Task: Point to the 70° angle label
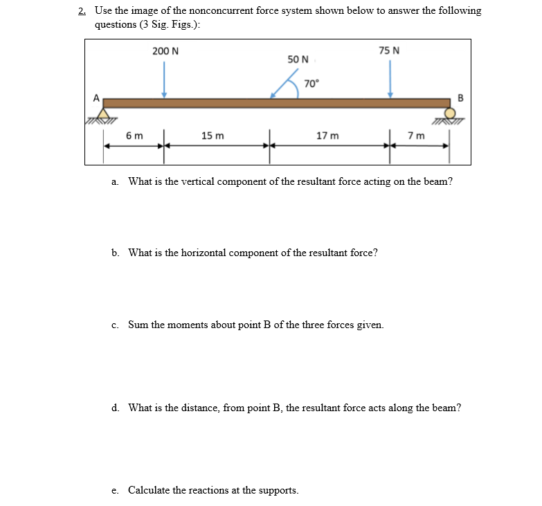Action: coord(311,84)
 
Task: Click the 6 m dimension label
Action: coord(135,136)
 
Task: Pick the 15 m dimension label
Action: coord(213,136)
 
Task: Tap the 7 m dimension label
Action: coord(416,136)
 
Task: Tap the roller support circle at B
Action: coord(451,114)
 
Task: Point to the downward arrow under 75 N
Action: coord(390,80)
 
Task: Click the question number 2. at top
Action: coord(82,11)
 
